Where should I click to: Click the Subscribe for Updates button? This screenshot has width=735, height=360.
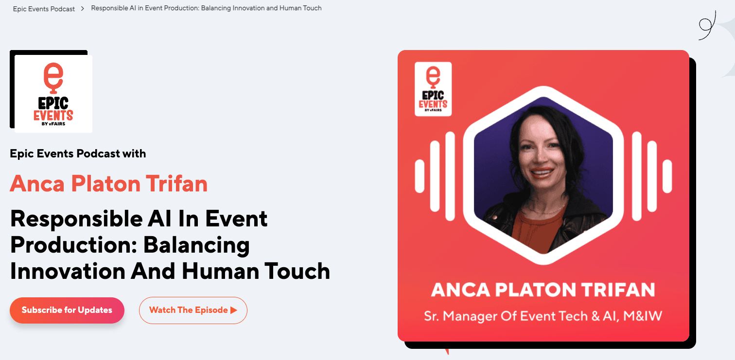coord(67,310)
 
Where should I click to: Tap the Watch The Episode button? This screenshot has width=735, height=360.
coord(193,310)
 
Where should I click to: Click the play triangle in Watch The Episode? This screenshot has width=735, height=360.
coord(234,310)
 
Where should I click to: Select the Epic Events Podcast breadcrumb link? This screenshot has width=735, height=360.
coord(44,9)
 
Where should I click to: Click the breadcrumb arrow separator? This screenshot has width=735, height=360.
coord(83,9)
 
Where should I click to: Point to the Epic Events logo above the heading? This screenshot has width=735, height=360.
coord(53,94)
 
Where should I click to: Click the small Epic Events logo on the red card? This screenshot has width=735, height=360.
coord(433,89)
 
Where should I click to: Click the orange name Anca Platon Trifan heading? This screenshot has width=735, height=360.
coord(109,184)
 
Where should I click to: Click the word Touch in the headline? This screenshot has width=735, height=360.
coord(297,271)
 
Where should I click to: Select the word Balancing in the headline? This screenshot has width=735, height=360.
coord(196,246)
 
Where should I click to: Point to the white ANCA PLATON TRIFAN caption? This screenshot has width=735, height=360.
coord(543,290)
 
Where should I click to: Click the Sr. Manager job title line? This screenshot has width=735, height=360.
coord(543,316)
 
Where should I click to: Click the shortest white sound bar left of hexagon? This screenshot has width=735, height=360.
coord(420,176)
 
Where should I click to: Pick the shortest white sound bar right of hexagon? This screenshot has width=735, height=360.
coord(667,176)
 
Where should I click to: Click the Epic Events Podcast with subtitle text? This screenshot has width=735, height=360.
coord(78,154)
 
